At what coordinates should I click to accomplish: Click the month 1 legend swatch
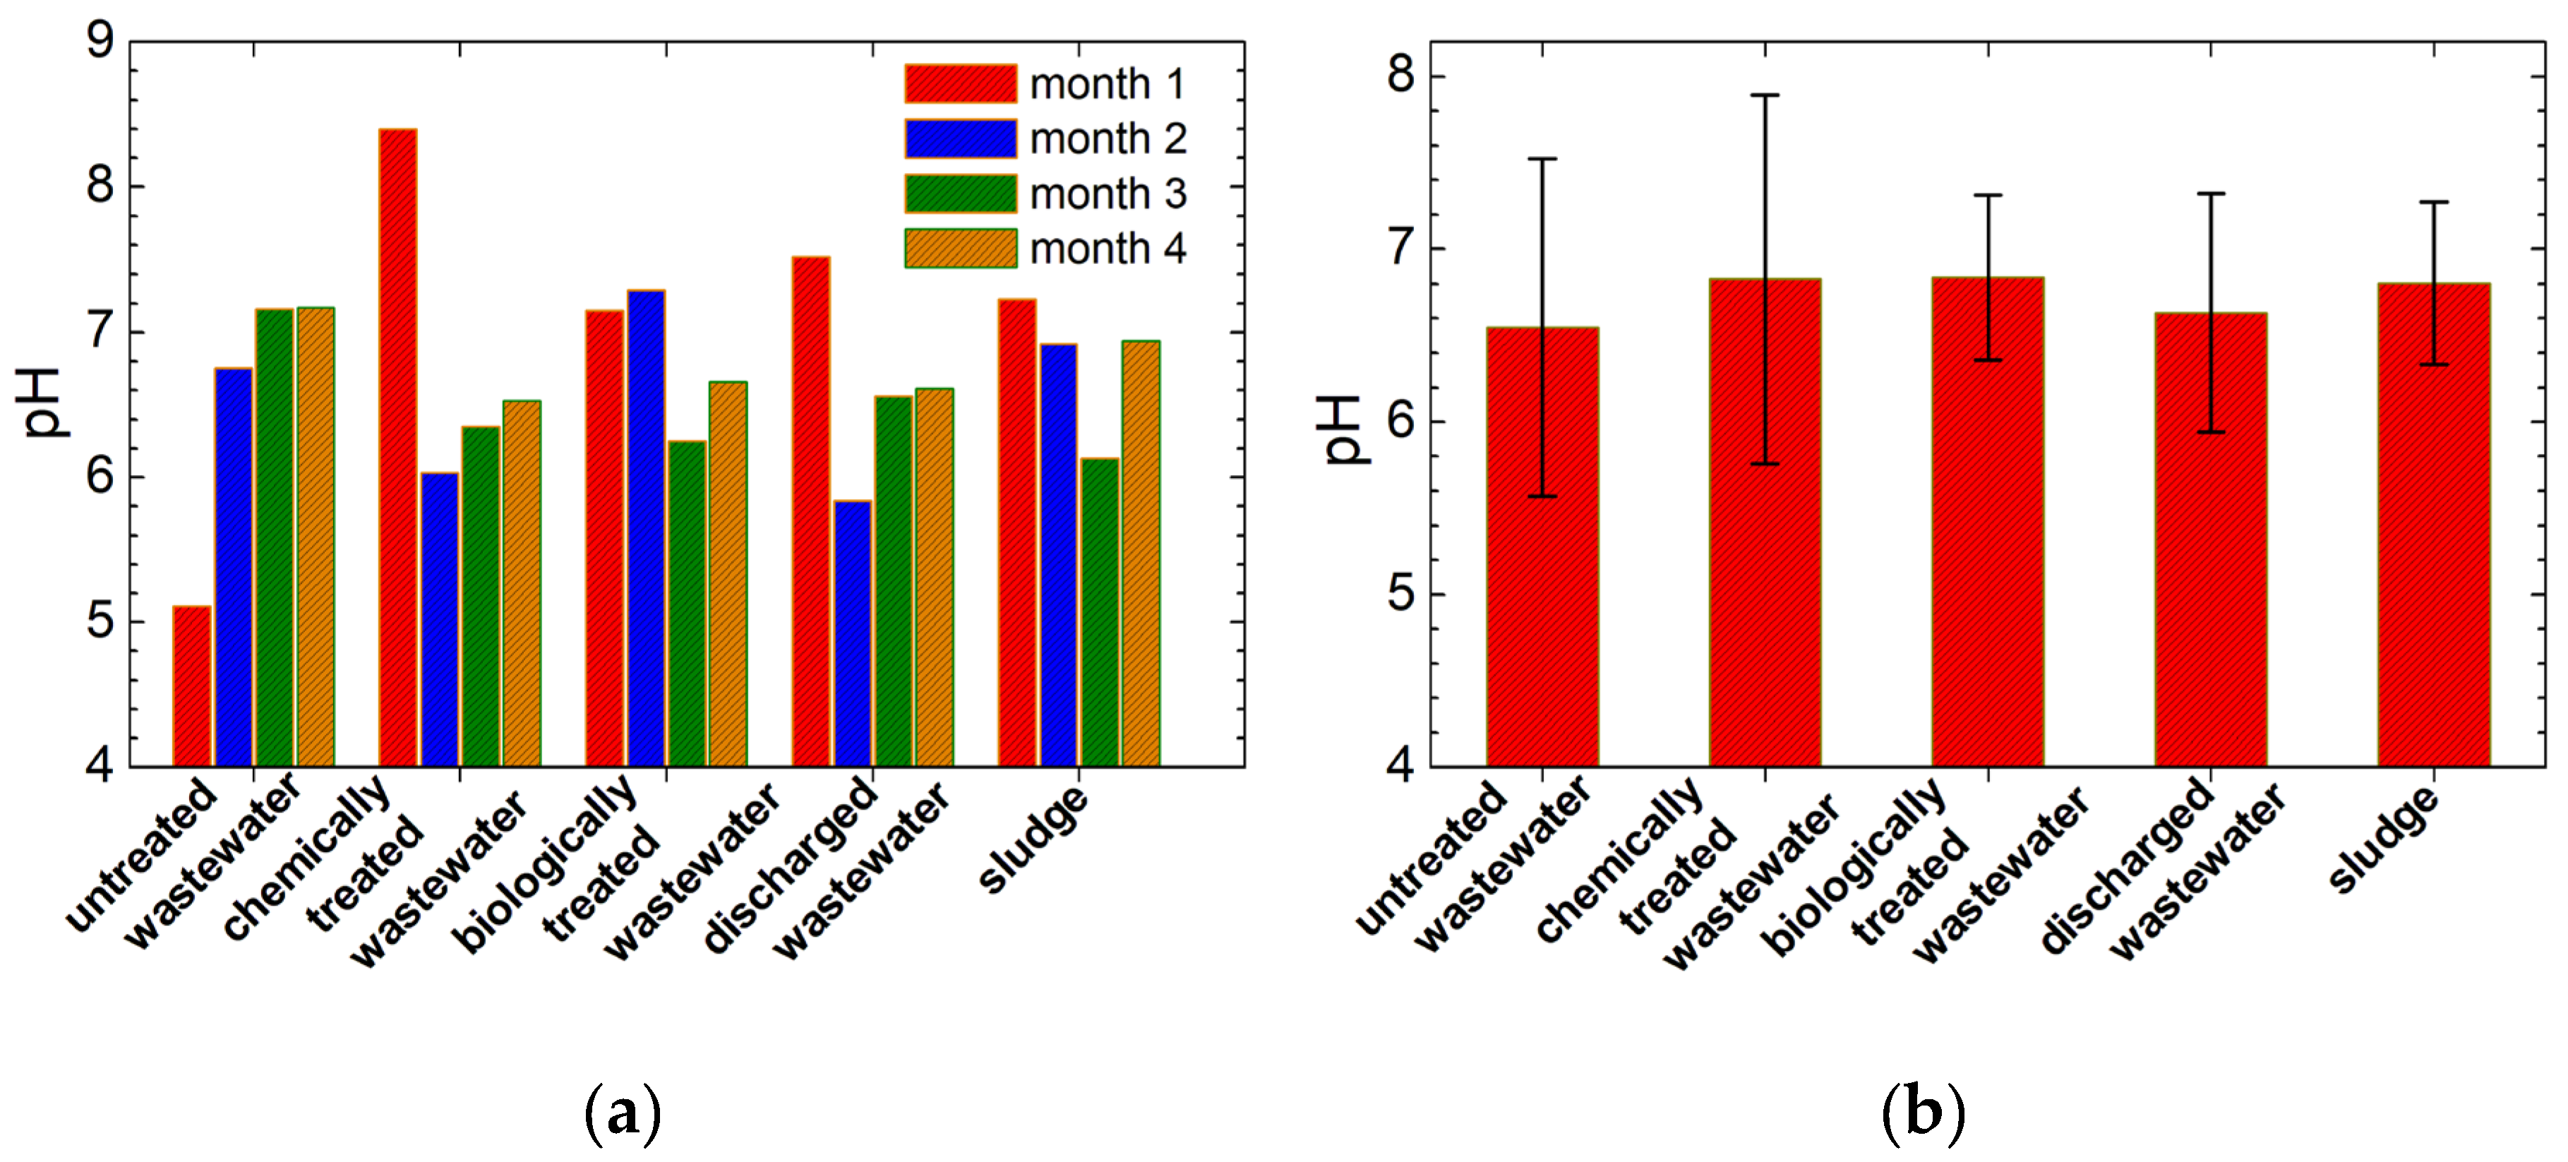pos(960,84)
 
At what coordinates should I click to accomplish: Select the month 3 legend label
pos(1108,194)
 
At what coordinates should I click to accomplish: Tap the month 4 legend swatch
pos(960,248)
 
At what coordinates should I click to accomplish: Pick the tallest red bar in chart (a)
pos(397,448)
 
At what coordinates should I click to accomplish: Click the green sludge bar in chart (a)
pos(1100,612)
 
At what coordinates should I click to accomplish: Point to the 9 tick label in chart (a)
pos(101,42)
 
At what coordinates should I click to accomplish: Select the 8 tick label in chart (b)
pos(1400,76)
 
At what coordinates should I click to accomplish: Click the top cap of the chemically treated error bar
pos(1765,96)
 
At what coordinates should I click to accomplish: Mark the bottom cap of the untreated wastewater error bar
pos(1542,496)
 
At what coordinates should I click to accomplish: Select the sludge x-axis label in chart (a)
pos(1034,839)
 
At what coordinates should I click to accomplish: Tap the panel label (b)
pos(1922,1112)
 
